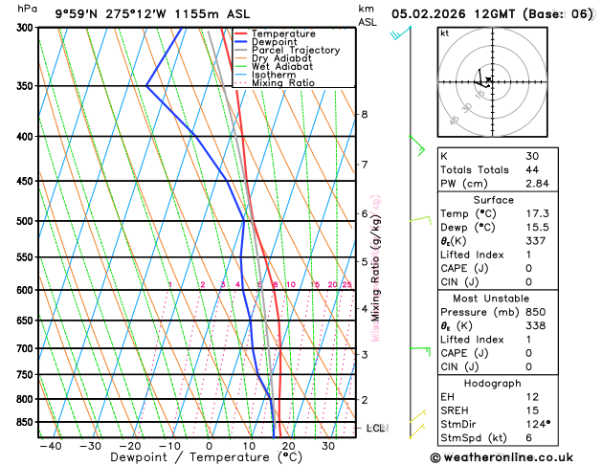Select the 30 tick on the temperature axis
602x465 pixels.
[x=327, y=445]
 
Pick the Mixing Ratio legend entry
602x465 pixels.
[x=286, y=83]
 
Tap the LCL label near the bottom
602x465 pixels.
[x=376, y=428]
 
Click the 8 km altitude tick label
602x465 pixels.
[x=364, y=115]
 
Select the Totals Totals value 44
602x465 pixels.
[x=532, y=169]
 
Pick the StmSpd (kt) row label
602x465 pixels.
[x=475, y=437]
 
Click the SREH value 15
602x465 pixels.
[x=532, y=410]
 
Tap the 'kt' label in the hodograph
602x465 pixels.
[x=445, y=33]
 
